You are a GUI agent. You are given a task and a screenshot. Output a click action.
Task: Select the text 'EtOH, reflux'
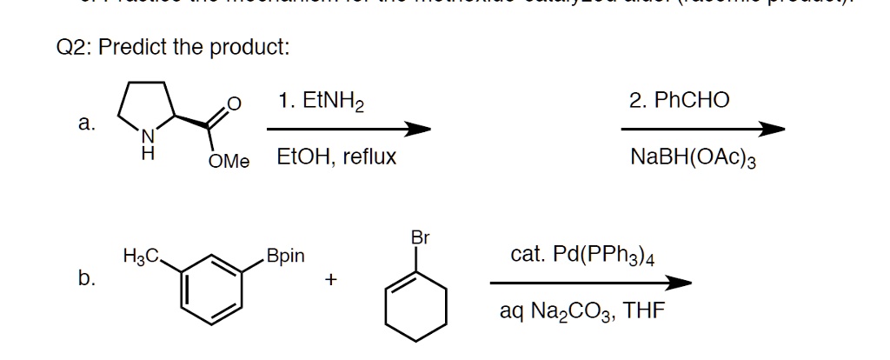click(x=336, y=157)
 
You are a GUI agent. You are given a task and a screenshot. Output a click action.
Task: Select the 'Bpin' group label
click(x=286, y=257)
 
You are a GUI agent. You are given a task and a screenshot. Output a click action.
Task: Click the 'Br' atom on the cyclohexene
click(x=421, y=237)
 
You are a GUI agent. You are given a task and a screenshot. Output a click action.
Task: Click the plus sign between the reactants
click(x=331, y=280)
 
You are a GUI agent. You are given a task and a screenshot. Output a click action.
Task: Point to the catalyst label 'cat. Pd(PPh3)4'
click(x=583, y=257)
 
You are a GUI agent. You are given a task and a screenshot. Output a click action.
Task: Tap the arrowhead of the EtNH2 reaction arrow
click(x=420, y=130)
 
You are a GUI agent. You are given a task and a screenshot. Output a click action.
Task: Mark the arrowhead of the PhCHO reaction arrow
click(x=772, y=130)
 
